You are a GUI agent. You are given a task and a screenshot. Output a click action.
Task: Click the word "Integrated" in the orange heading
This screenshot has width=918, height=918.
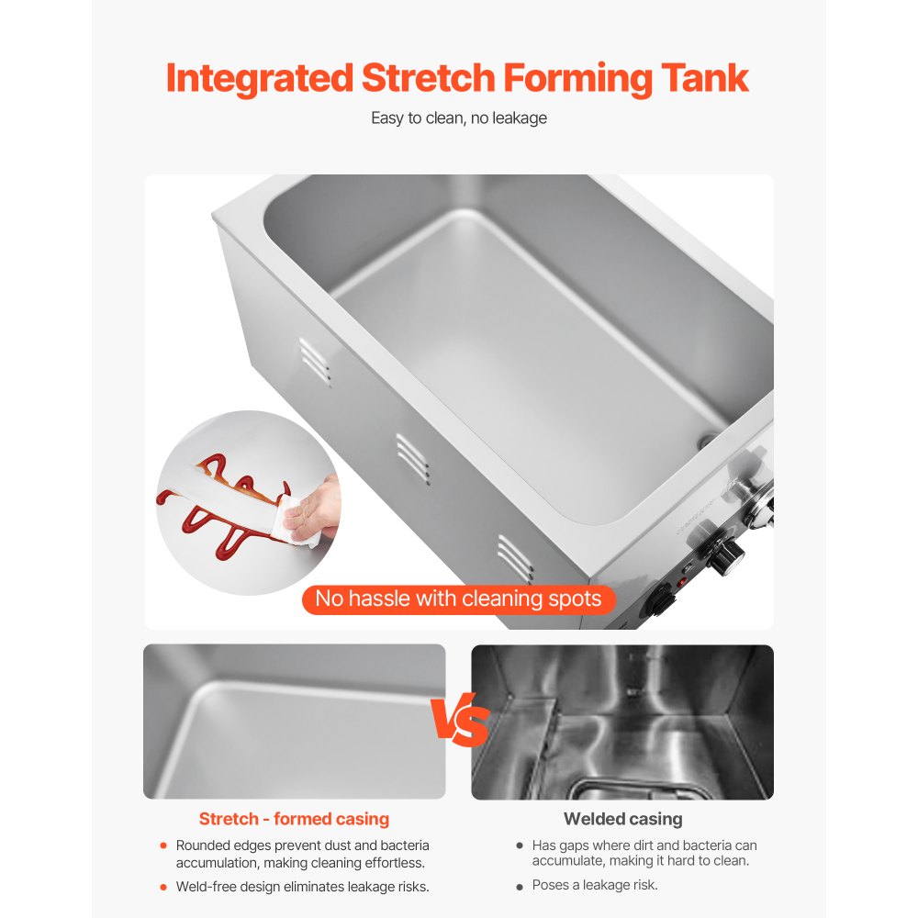coord(260,79)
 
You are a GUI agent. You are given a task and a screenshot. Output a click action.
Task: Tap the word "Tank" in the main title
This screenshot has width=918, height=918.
coord(705,78)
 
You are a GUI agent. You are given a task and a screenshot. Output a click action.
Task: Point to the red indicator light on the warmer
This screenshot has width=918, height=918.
coord(681,583)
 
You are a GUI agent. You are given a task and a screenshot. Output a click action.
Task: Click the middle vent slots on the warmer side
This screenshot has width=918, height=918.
coord(413,459)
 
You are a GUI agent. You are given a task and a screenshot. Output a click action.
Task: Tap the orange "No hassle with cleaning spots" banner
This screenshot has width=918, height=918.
coord(458,599)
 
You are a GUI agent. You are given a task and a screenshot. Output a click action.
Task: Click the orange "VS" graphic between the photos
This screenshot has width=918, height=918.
coord(460,720)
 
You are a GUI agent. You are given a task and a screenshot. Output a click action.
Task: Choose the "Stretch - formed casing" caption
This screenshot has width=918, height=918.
coord(294,819)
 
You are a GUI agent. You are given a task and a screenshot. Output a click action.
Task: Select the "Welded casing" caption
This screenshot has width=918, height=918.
coord(623,819)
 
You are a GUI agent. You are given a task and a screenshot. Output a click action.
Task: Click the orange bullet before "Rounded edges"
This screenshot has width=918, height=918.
coord(163,845)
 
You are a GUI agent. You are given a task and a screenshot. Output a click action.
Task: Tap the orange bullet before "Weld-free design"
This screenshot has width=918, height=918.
coord(163,887)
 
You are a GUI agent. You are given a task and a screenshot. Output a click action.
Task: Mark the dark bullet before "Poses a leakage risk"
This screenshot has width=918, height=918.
coord(520,887)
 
